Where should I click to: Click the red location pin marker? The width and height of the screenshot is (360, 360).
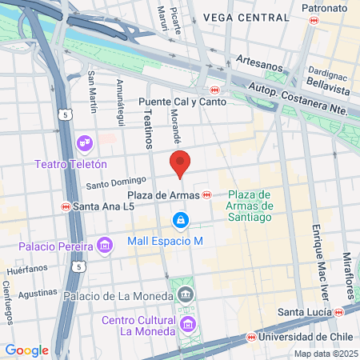181,162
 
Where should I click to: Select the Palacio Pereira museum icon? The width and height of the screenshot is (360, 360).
104,244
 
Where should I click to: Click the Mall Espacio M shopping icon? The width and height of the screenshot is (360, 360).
182,218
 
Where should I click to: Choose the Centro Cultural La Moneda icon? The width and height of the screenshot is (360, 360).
188,323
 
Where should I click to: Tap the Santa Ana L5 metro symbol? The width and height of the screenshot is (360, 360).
65,206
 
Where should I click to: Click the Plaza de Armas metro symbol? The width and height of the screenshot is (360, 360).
207,194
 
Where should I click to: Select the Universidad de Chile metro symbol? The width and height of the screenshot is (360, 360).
251,337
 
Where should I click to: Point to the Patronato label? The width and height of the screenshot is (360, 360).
324,8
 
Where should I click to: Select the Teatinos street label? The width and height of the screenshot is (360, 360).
147,129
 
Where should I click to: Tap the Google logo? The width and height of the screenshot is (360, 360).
26,350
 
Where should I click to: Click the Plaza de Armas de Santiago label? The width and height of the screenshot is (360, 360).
250,204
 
